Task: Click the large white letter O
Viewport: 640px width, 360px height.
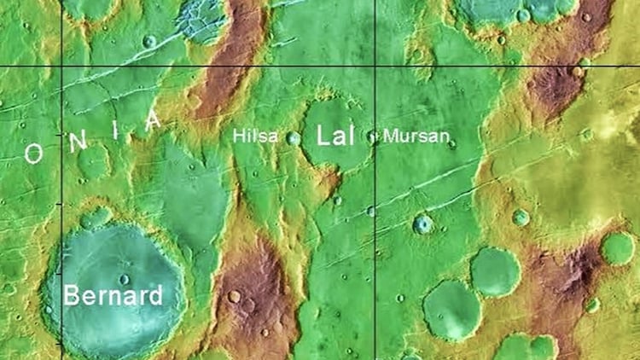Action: [33, 154]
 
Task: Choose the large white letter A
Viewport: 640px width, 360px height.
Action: [153, 120]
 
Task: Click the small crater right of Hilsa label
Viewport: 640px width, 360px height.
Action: [293, 138]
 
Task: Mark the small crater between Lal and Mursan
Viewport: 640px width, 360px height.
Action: [372, 136]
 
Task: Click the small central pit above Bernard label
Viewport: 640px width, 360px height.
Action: [124, 278]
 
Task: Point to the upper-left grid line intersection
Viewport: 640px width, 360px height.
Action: [61, 66]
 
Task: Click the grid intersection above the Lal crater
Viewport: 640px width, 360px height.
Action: [375, 66]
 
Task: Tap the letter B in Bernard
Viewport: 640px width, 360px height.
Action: [73, 297]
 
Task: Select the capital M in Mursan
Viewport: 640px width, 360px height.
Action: [390, 136]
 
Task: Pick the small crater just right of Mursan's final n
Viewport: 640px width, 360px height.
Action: [451, 143]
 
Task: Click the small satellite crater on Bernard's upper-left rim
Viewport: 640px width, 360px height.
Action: [96, 218]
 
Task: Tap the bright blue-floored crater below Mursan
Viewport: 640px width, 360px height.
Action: [422, 224]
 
